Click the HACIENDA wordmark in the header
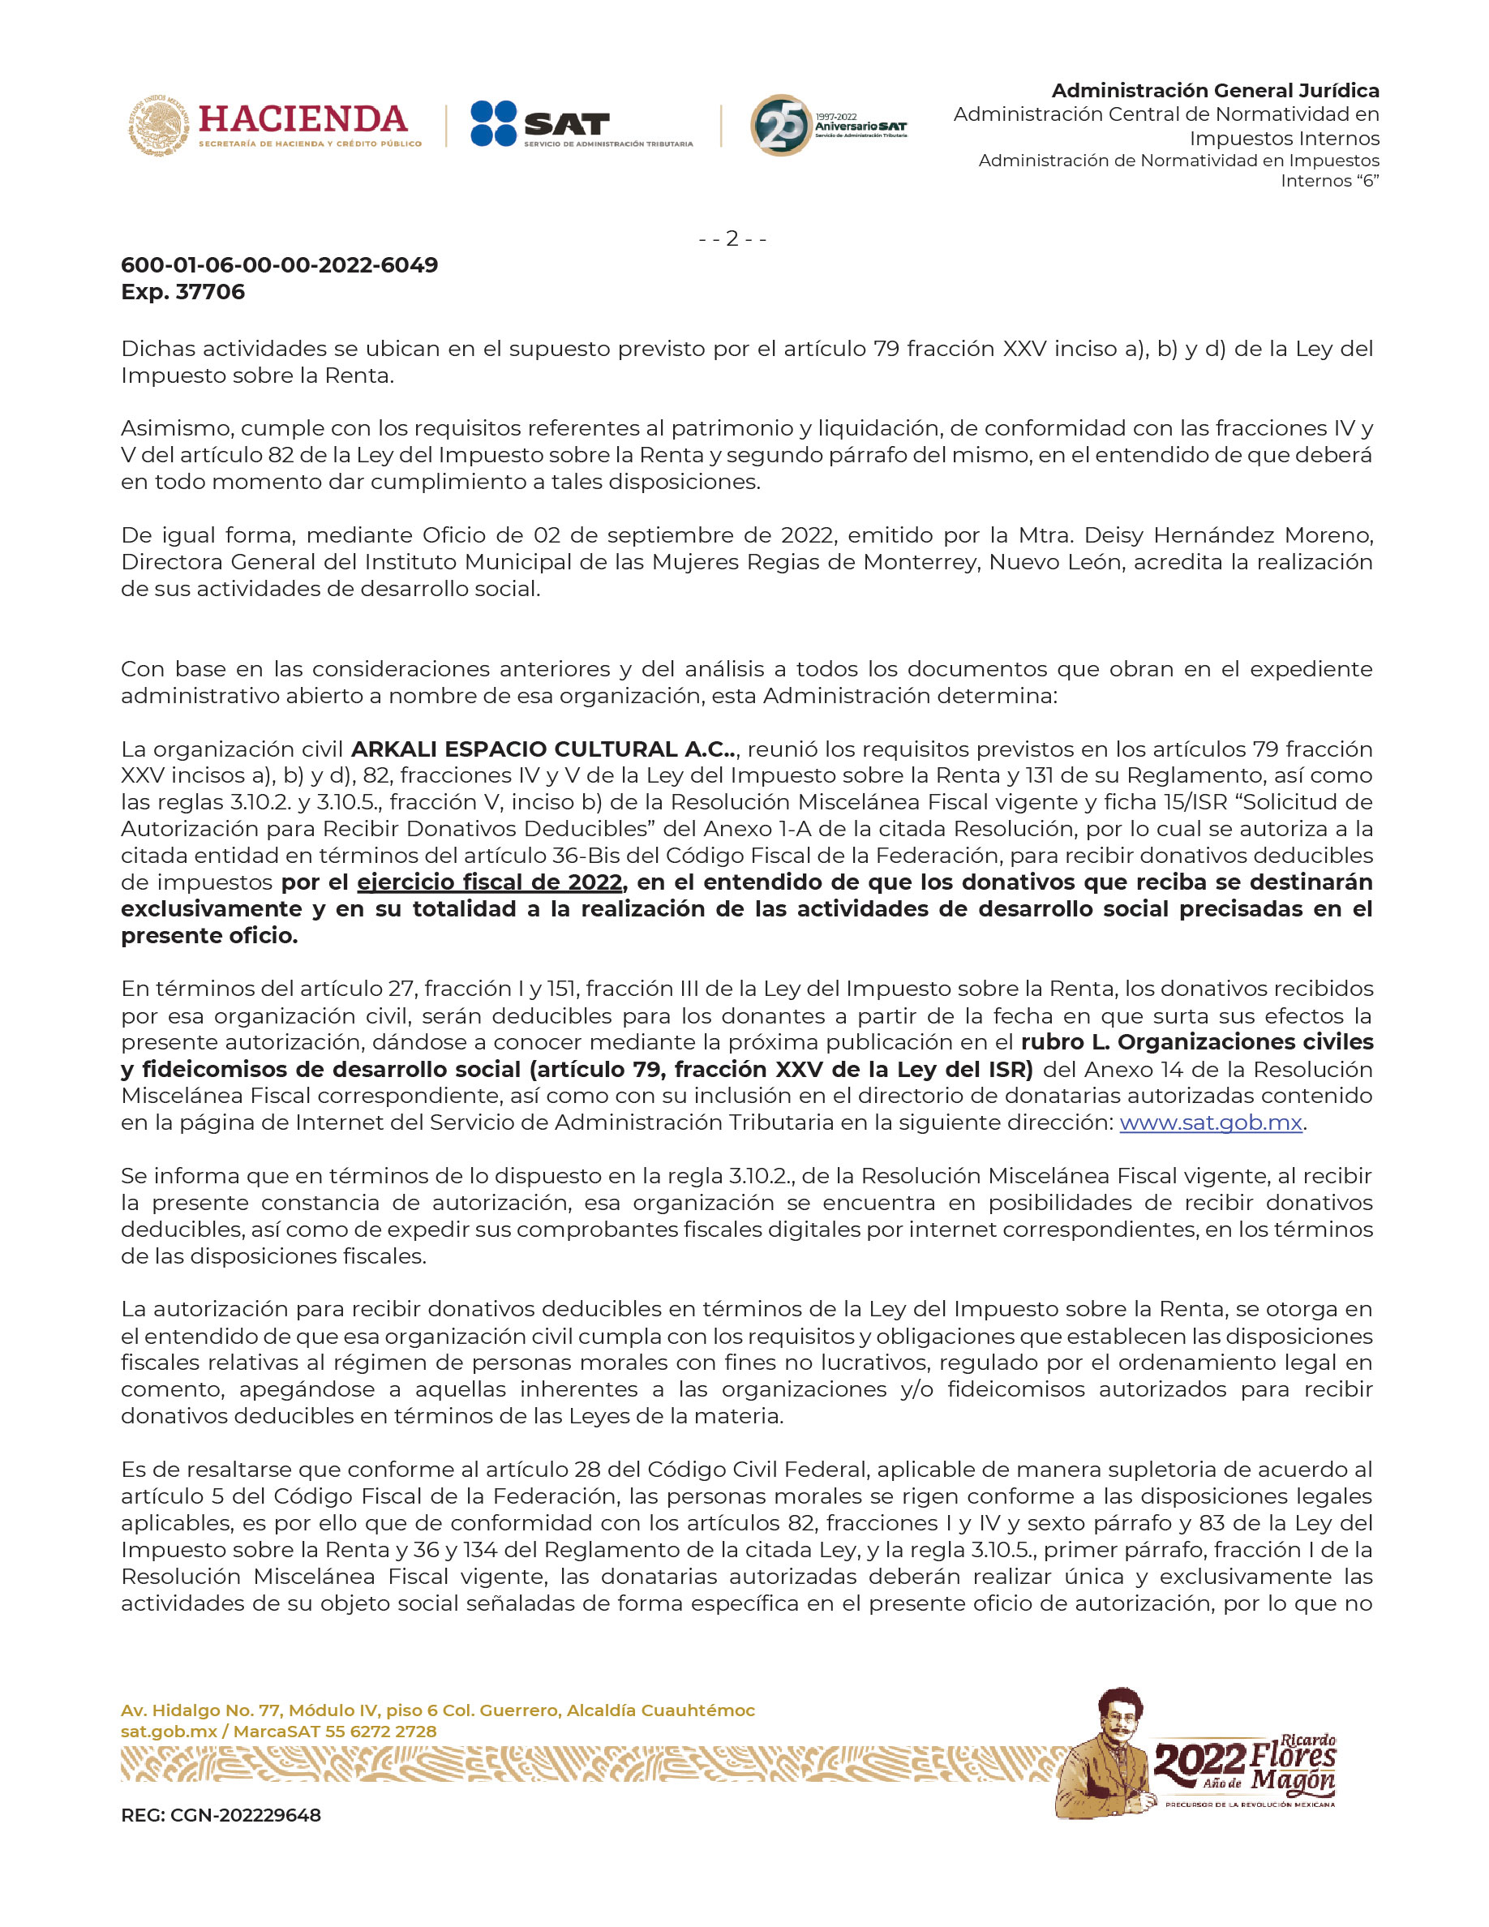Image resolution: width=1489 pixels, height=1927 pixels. [x=303, y=118]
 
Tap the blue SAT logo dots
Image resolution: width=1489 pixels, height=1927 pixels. [x=493, y=123]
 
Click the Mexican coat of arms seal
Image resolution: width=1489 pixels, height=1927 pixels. [x=159, y=124]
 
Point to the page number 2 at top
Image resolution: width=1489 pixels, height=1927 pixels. [x=732, y=238]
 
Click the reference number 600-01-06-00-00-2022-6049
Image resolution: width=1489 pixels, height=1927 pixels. [x=280, y=264]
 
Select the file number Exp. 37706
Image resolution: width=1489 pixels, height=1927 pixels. [x=182, y=292]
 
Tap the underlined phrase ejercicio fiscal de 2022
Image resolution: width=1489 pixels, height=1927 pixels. [x=490, y=882]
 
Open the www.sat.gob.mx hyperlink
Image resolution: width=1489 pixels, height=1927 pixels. [x=1210, y=1122]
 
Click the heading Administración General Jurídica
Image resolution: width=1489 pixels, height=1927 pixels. [x=1215, y=91]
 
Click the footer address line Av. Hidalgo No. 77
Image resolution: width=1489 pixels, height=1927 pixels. [x=437, y=1710]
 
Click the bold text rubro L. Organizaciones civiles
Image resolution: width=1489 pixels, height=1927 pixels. [x=1196, y=1042]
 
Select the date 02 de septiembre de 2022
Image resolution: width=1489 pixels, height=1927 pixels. [x=684, y=535]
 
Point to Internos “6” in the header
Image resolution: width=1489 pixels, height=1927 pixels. [x=1329, y=181]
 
